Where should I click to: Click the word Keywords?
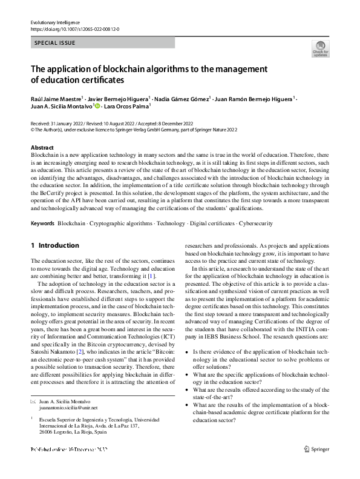tap(43, 223)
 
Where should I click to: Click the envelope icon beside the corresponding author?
tap(33, 401)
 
